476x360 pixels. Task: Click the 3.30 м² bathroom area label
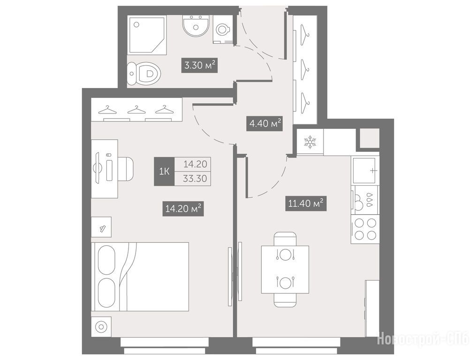[x=200, y=65]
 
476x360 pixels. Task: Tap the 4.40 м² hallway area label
[x=264, y=123]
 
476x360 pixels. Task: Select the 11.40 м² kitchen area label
[x=306, y=203]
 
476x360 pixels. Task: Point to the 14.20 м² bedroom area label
[x=183, y=209]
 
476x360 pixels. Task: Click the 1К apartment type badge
[x=164, y=172]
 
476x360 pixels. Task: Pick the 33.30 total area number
[x=195, y=179]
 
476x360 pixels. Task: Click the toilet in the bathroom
[x=144, y=74]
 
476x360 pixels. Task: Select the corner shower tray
[x=147, y=36]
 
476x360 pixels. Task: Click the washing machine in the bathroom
[x=223, y=30]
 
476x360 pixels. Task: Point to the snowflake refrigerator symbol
[x=310, y=142]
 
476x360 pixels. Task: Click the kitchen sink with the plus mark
[x=365, y=170]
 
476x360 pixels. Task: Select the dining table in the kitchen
[x=285, y=270]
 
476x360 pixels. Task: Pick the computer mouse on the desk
[x=109, y=156]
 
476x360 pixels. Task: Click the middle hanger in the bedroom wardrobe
[x=136, y=110]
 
